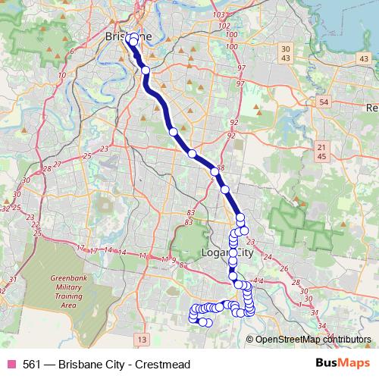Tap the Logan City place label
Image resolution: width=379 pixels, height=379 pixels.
click(x=230, y=252)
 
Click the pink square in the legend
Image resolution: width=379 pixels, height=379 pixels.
click(x=11, y=364)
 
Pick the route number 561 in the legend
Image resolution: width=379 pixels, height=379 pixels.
click(x=33, y=364)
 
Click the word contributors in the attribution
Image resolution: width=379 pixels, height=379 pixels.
click(x=346, y=340)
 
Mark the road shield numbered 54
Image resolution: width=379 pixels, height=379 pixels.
click(x=324, y=102)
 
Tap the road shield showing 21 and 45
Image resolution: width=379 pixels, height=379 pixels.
click(x=322, y=152)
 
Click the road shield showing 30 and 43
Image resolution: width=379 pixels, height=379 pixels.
click(x=286, y=54)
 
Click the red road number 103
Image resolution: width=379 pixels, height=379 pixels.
click(x=221, y=14)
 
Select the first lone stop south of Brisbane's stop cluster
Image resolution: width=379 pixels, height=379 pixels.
click(x=146, y=70)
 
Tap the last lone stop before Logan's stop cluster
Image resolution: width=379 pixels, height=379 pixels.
click(x=225, y=189)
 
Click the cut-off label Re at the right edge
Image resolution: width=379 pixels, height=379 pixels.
click(x=371, y=108)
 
